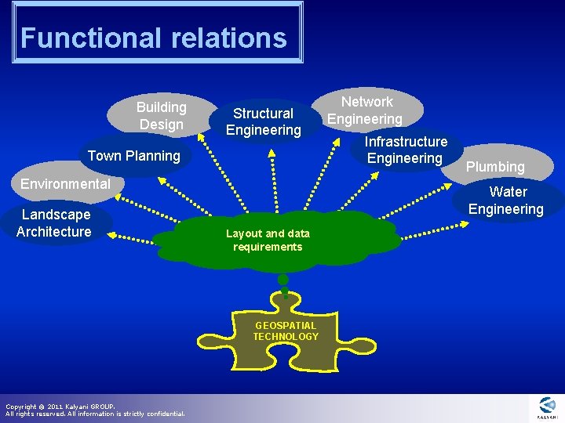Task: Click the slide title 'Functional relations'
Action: click(154, 38)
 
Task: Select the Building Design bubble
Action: click(162, 115)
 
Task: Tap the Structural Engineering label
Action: click(264, 121)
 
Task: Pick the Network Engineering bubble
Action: click(366, 110)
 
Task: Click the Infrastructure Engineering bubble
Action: click(405, 150)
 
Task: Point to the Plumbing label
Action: click(494, 167)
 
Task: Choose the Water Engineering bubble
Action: click(506, 201)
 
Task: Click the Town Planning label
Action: click(134, 156)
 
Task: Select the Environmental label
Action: click(65, 184)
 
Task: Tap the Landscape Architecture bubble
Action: click(54, 222)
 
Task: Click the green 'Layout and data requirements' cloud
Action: click(268, 240)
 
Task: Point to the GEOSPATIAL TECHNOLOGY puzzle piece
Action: click(286, 333)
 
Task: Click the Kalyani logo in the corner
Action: click(547, 407)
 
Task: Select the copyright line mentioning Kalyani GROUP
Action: click(60, 407)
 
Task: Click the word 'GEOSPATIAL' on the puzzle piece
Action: click(286, 326)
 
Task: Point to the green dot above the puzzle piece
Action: click(283, 280)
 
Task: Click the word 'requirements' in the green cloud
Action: click(268, 247)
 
